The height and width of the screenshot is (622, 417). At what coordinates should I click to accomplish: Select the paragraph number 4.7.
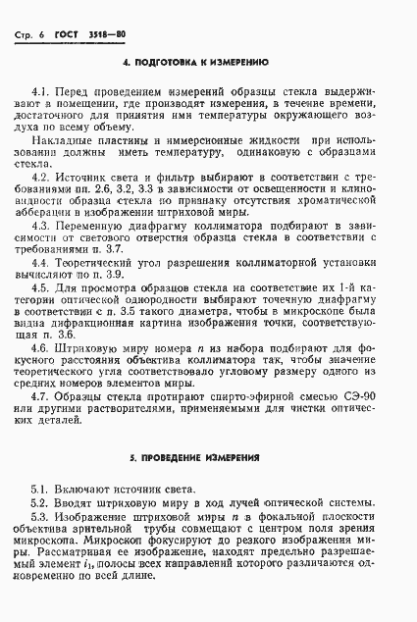click(40, 396)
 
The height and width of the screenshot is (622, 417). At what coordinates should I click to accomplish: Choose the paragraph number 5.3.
click(40, 516)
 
